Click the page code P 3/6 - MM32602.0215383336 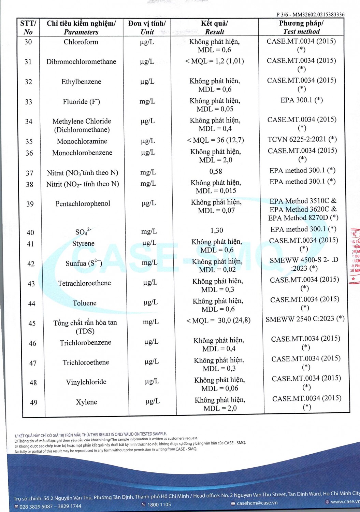310,15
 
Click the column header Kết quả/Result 214,28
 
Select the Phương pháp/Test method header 301,27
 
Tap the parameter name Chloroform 81,42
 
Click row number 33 29,102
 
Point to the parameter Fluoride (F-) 82,102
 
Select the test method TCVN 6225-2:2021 302,139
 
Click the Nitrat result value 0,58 216,171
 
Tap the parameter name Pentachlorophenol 83,204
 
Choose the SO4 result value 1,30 217,230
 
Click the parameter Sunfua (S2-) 84,263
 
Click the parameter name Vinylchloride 86,382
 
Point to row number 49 34,403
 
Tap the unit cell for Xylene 153,401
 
